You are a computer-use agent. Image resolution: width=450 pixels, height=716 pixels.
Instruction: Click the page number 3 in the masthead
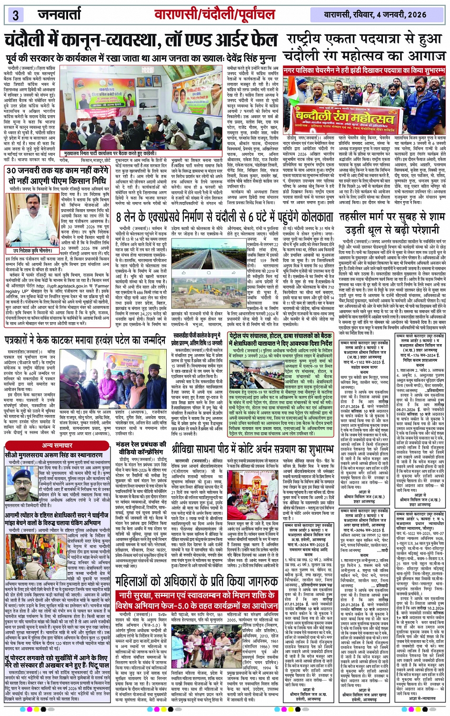(15, 15)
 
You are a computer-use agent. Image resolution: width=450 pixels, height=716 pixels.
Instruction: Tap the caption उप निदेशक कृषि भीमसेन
(32, 250)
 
